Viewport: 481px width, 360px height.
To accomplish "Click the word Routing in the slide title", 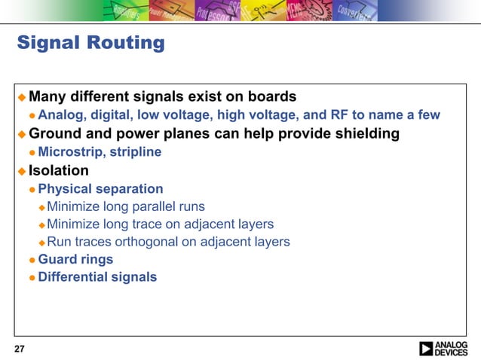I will [x=130, y=43].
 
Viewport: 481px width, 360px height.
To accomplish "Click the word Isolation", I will [x=59, y=170].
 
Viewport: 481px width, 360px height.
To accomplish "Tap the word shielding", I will [x=365, y=134].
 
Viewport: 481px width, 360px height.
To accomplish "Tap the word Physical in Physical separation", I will [x=64, y=189].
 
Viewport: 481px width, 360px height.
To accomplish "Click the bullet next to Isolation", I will [x=22, y=171].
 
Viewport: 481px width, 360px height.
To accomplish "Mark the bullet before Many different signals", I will [x=22, y=98].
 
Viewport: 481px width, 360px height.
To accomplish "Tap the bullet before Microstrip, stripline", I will [x=32, y=153].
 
